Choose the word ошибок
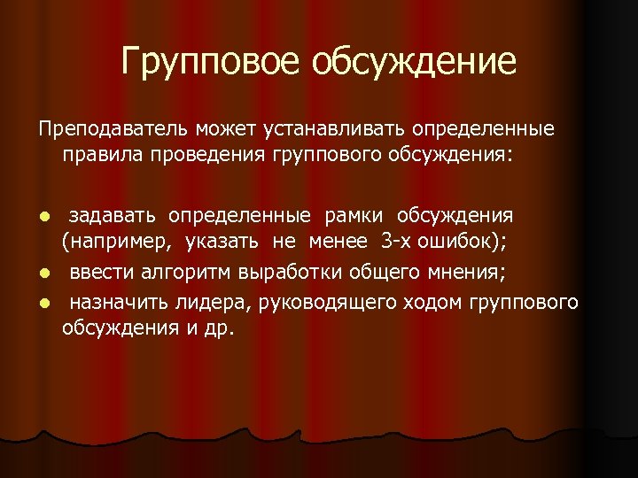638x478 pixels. coord(471,242)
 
